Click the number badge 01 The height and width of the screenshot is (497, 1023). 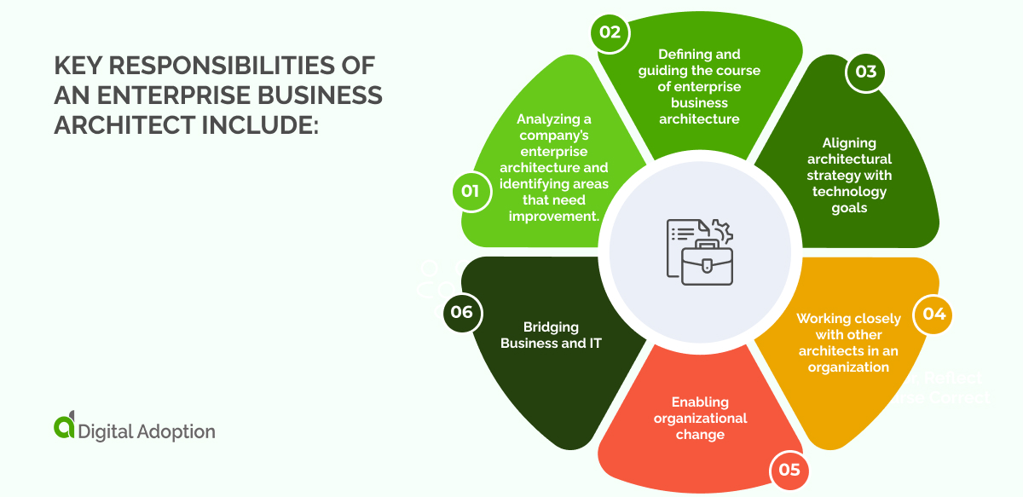point(470,191)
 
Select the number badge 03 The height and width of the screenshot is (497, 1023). point(865,72)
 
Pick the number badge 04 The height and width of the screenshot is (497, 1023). point(933,314)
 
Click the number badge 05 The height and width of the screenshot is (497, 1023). point(789,470)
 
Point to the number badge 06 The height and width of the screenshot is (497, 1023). point(461,312)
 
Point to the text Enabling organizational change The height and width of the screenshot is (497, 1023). point(700,418)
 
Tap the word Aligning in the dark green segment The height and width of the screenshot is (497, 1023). point(848,143)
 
